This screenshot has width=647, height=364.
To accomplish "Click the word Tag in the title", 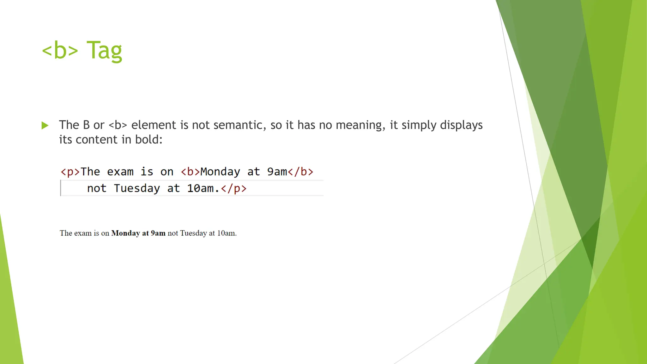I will click(x=104, y=51).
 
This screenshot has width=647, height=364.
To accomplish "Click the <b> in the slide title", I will click(x=60, y=51).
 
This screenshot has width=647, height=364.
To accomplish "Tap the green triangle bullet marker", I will click(x=45, y=125).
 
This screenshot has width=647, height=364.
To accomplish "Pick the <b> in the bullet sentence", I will click(x=118, y=125).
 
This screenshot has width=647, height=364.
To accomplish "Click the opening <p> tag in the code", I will click(x=70, y=172).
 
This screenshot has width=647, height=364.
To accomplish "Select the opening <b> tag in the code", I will click(x=190, y=172).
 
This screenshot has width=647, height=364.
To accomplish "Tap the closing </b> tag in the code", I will click(x=300, y=172).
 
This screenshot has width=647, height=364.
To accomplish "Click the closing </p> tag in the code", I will click(x=234, y=189).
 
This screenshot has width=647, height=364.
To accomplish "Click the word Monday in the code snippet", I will click(x=220, y=172).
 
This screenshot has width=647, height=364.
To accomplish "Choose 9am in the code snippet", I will click(x=277, y=172).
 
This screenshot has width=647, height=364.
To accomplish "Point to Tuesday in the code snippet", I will click(x=137, y=189).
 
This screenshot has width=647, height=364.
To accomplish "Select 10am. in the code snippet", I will click(x=203, y=189).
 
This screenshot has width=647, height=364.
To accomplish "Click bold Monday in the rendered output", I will click(x=125, y=233).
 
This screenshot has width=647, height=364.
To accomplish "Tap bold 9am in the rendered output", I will click(x=158, y=233).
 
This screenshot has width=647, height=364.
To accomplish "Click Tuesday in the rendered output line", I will click(x=193, y=233).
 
